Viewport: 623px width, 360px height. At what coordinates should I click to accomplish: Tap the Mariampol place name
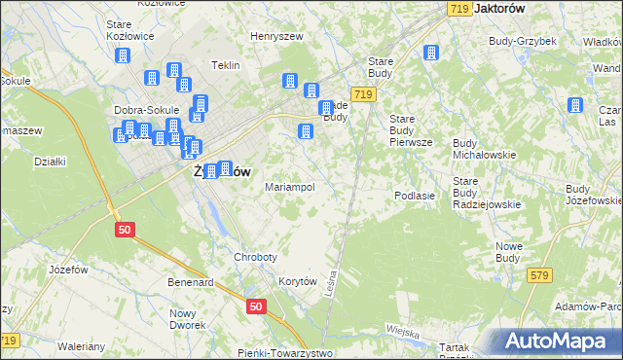click(289, 187)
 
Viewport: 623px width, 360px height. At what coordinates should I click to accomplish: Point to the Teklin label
click(226, 66)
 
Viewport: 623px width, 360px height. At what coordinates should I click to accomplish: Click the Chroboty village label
click(255, 257)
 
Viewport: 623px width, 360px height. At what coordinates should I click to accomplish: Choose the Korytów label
click(299, 280)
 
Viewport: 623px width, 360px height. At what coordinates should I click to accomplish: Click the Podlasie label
click(414, 196)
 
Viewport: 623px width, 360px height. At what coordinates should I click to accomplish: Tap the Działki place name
click(49, 162)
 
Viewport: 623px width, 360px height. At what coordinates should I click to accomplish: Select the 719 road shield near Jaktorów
click(460, 8)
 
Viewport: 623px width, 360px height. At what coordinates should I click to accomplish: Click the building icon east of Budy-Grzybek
click(575, 103)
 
